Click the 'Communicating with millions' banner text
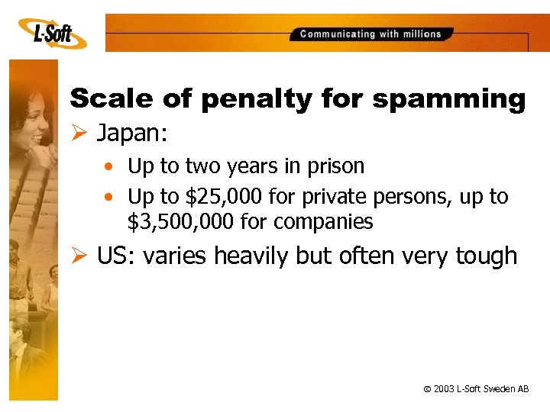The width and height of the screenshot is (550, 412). click(x=370, y=34)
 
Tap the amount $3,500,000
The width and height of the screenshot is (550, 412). click(x=176, y=222)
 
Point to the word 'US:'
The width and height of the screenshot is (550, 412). click(x=113, y=256)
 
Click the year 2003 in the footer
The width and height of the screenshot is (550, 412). click(x=444, y=389)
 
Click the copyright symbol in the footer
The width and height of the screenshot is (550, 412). click(x=425, y=389)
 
